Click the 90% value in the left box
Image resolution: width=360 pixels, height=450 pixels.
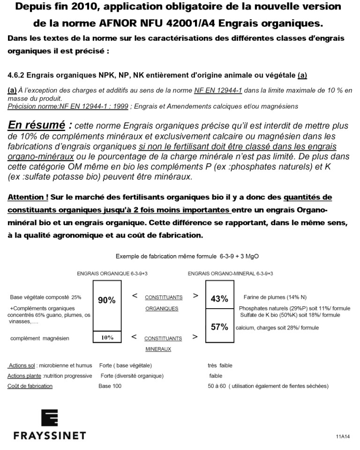click(x=106, y=301)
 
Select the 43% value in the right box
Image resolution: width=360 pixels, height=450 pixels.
click(x=219, y=299)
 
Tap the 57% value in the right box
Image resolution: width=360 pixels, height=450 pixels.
click(x=219, y=327)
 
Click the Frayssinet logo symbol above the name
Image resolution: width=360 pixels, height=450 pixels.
click(x=50, y=418)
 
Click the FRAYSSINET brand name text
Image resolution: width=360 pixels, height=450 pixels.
click(x=50, y=436)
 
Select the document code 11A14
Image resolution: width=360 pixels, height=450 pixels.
click(x=343, y=437)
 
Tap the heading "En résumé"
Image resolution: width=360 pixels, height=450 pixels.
click(x=36, y=125)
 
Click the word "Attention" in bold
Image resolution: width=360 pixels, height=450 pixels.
click(x=26, y=198)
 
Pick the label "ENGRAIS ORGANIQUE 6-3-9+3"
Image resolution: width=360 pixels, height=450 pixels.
click(x=109, y=273)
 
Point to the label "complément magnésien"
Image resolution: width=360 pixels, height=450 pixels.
click(x=40, y=338)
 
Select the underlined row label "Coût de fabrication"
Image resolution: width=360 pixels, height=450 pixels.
click(x=30, y=386)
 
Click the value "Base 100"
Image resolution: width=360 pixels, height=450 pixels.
click(x=110, y=386)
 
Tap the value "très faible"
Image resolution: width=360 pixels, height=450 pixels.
click(x=220, y=366)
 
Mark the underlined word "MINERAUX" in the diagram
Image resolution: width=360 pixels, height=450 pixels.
click(x=157, y=349)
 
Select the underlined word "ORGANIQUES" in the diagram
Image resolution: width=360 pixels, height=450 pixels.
click(x=162, y=309)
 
